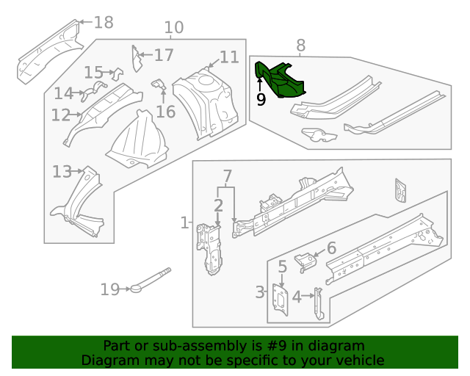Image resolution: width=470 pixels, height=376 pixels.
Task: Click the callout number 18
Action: coord(104,22)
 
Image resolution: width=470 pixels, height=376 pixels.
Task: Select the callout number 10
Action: coord(173,28)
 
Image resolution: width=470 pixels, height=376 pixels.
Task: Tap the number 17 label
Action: coord(163,55)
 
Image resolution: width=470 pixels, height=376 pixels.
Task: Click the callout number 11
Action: coord(228,57)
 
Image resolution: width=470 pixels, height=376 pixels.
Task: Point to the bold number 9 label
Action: coord(261,99)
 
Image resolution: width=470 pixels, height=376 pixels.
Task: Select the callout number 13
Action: coord(62,172)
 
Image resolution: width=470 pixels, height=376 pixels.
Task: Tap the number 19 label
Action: coord(109,289)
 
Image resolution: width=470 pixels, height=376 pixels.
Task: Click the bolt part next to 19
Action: coord(151,281)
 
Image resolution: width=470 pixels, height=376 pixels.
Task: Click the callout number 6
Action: coord(330,248)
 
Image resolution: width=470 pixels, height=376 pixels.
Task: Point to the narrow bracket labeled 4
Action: coord(318,303)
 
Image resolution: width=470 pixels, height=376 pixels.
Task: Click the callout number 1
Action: coord(184,222)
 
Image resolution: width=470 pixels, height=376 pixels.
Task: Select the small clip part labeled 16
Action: coord(159,87)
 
